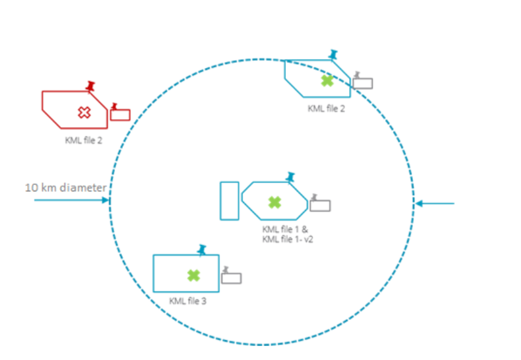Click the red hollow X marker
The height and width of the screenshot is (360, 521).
point(85,112)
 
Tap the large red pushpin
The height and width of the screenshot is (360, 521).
point(90,85)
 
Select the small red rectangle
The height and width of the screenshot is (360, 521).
point(120,115)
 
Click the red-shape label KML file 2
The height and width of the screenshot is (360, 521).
point(84,140)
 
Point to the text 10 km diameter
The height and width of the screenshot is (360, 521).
point(66,187)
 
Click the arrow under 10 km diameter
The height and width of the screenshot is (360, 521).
point(71,200)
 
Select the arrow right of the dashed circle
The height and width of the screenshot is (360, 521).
point(435,203)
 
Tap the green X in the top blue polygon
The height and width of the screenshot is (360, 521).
point(328,81)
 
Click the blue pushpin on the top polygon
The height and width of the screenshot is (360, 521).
point(333,54)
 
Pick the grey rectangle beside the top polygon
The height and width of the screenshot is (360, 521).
point(362,84)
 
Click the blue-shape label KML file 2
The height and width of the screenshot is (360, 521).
point(327,109)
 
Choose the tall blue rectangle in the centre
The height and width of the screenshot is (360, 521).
point(230,200)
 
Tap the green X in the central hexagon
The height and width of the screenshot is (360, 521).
point(274,202)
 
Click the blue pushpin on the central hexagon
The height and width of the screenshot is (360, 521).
point(290,176)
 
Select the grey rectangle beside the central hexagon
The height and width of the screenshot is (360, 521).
point(321,206)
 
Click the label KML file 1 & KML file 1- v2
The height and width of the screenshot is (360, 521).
point(288,234)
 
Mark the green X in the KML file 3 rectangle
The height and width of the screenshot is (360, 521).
point(193,275)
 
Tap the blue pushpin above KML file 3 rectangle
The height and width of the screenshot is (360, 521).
point(201,249)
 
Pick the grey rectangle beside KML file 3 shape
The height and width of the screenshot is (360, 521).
point(231,278)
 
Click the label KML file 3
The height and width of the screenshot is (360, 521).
point(187,302)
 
